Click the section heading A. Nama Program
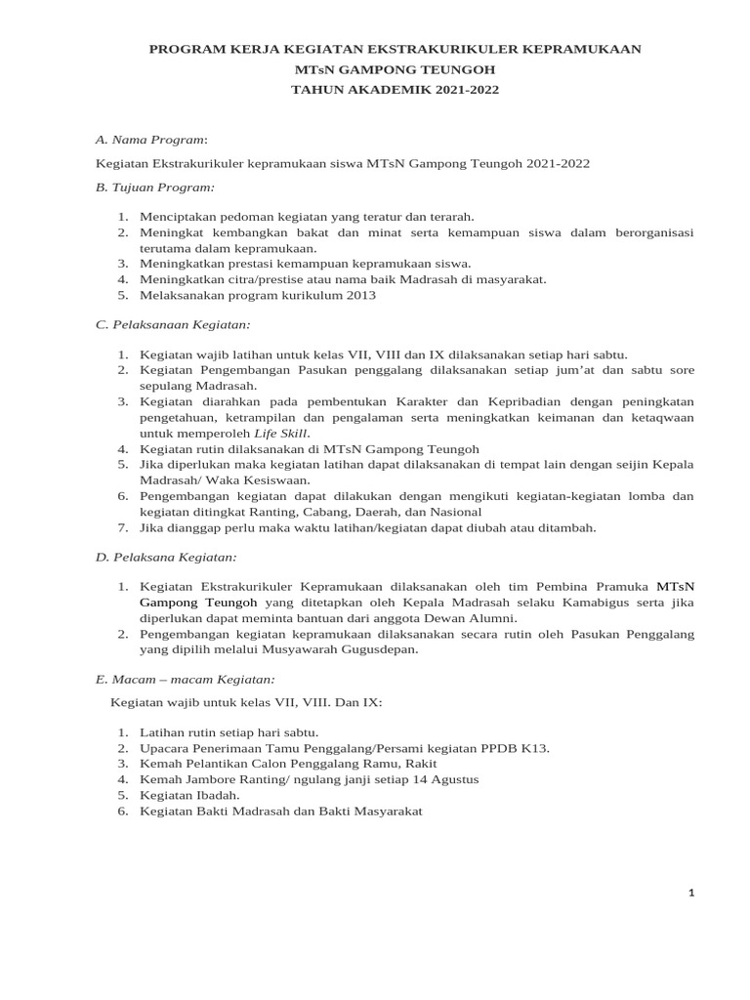(151, 141)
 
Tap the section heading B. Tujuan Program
(154, 186)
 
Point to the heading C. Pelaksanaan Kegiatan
(172, 323)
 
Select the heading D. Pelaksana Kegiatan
(166, 557)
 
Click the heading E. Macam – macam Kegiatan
(185, 678)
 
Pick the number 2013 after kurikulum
(356, 295)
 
